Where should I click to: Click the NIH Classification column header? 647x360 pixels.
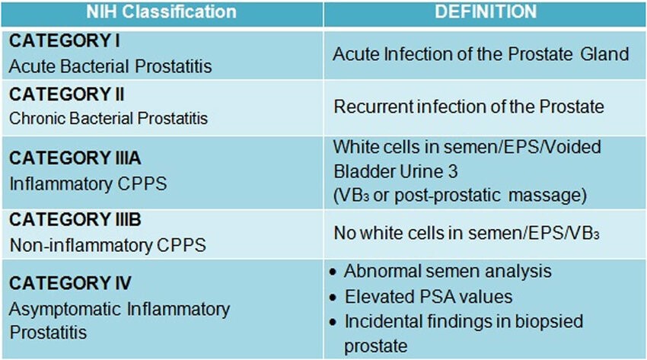pyautogui.click(x=161, y=11)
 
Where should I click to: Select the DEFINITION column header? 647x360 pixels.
pyautogui.click(x=486, y=11)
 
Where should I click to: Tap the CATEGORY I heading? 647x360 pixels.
pyautogui.click(x=65, y=41)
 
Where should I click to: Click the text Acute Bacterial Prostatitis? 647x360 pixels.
pyautogui.click(x=110, y=66)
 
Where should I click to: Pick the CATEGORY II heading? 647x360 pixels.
pyautogui.click(x=66, y=94)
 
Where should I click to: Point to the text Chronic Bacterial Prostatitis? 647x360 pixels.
pyautogui.click(x=108, y=118)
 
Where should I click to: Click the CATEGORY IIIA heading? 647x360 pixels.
pyautogui.click(x=75, y=158)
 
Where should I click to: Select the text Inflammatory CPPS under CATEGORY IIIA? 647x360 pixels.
pyautogui.click(x=88, y=184)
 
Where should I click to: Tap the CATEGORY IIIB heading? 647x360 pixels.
pyautogui.click(x=75, y=219)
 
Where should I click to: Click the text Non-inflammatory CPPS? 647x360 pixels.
pyautogui.click(x=107, y=245)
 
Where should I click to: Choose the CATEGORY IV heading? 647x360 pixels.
pyautogui.click(x=70, y=283)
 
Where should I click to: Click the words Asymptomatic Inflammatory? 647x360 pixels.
pyautogui.click(x=120, y=309)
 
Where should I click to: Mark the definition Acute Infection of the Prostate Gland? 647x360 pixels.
pyautogui.click(x=481, y=54)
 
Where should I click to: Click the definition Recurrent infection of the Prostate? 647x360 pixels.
pyautogui.click(x=469, y=107)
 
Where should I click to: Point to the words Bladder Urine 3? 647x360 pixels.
pyautogui.click(x=396, y=171)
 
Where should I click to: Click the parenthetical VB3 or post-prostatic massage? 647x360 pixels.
pyautogui.click(x=460, y=196)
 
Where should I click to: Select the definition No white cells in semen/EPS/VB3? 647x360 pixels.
pyautogui.click(x=467, y=233)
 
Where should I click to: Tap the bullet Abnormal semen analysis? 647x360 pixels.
pyautogui.click(x=448, y=272)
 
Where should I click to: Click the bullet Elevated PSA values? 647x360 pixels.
pyautogui.click(x=429, y=297)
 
